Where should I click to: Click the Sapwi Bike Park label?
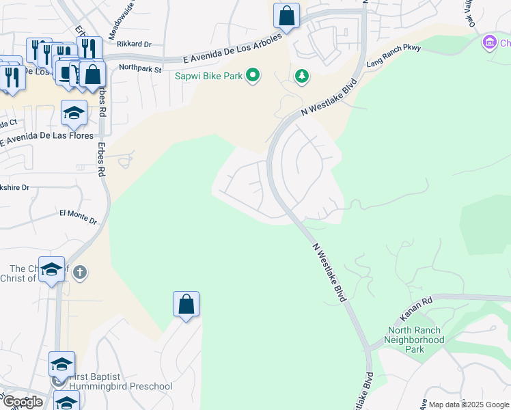click(208, 75)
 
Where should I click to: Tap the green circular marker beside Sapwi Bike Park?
click(253, 74)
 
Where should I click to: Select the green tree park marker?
click(302, 75)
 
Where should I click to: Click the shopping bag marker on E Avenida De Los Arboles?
click(286, 16)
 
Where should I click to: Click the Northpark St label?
click(139, 68)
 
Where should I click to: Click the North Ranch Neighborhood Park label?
click(413, 340)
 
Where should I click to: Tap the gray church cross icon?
click(80, 273)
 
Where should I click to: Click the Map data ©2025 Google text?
click(469, 405)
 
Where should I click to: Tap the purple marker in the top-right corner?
click(489, 43)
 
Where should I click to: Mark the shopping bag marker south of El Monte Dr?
click(186, 305)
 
